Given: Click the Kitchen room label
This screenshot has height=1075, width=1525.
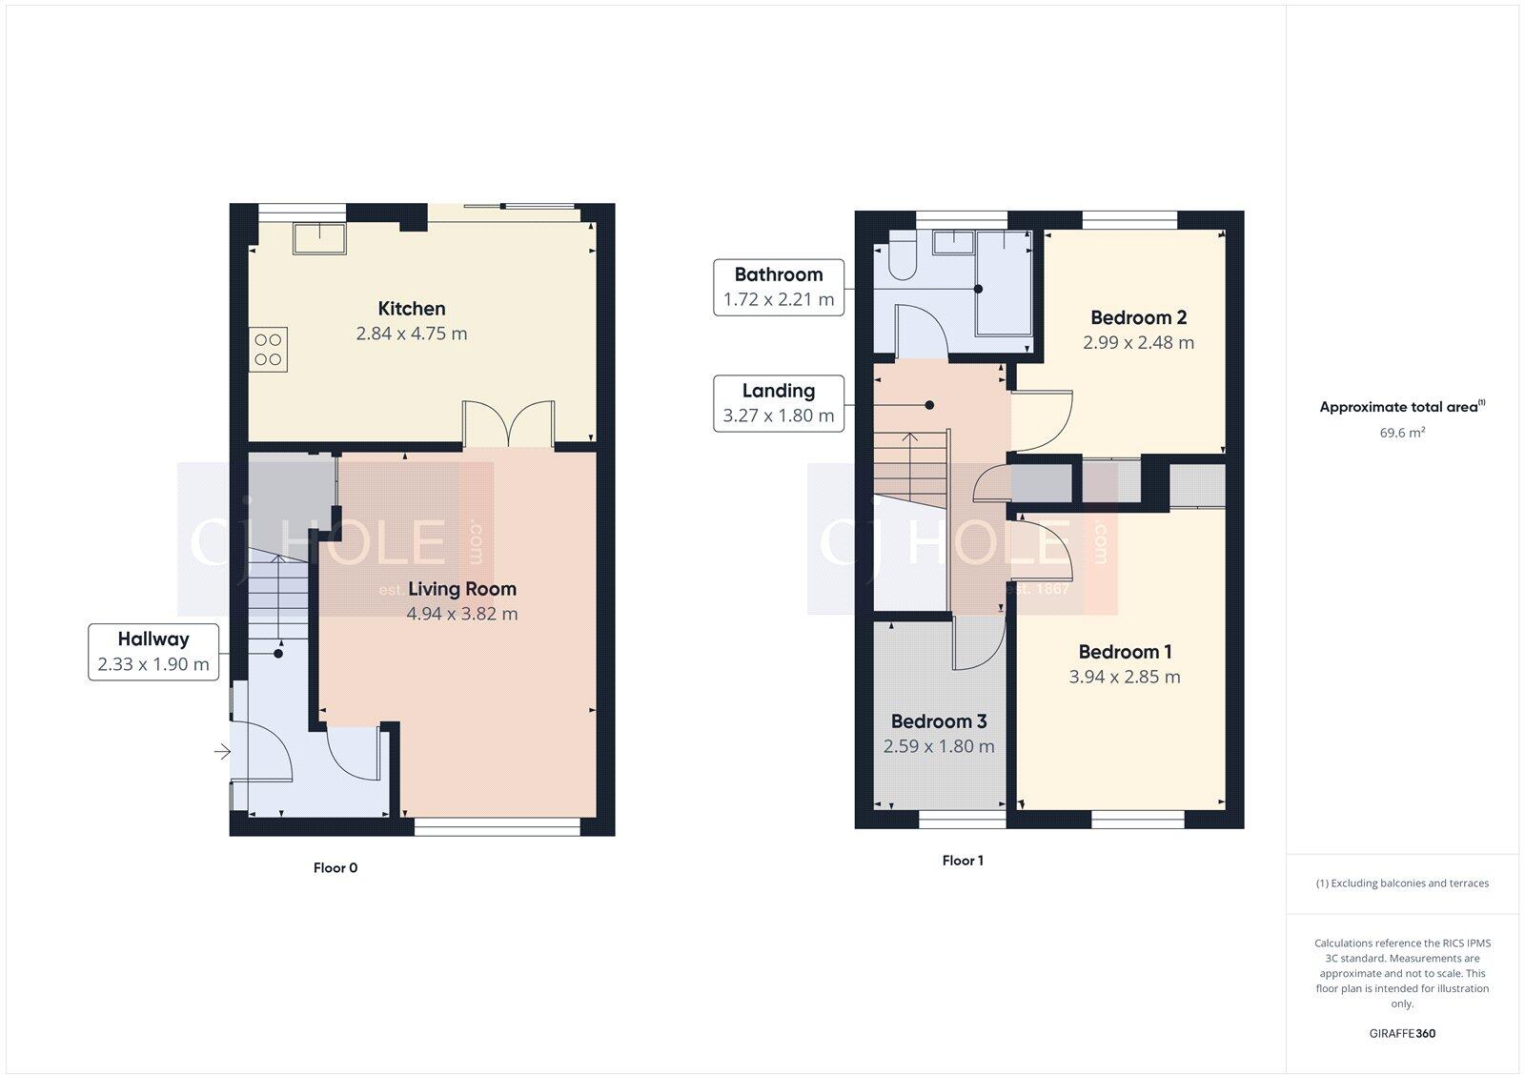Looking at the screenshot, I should [411, 308].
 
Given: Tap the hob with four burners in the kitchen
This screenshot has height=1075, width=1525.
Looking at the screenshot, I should [268, 349].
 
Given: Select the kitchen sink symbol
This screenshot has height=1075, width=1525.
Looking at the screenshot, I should [319, 238].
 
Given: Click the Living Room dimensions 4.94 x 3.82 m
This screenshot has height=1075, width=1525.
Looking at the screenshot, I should [462, 615].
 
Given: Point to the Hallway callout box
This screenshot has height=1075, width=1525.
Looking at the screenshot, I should [153, 652].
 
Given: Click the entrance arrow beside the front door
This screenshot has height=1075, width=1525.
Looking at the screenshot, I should [221, 753].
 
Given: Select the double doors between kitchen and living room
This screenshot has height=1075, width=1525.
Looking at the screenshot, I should [508, 425].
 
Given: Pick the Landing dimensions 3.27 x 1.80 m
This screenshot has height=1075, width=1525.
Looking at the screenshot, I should [778, 416].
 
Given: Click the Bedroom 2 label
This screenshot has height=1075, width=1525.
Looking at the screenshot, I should [1138, 317].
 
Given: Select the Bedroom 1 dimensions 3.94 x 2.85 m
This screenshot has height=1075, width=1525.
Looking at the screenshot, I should [1125, 678].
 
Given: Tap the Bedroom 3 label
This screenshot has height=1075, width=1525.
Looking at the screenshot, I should [938, 721].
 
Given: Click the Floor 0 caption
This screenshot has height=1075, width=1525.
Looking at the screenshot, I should [335, 868].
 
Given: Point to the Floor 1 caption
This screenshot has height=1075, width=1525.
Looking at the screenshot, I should [963, 861].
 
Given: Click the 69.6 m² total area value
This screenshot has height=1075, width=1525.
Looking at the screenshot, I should [1401, 433].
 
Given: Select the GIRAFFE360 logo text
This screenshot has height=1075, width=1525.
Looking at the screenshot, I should [1402, 1033].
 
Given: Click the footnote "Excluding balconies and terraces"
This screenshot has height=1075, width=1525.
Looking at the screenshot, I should [1402, 883].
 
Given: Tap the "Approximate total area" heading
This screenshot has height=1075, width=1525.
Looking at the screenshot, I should [1398, 407].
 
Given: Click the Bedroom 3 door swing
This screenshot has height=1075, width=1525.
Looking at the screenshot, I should [978, 643].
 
